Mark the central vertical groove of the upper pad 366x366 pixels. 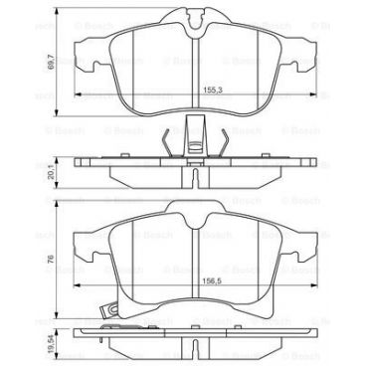[x=195, y=70]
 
